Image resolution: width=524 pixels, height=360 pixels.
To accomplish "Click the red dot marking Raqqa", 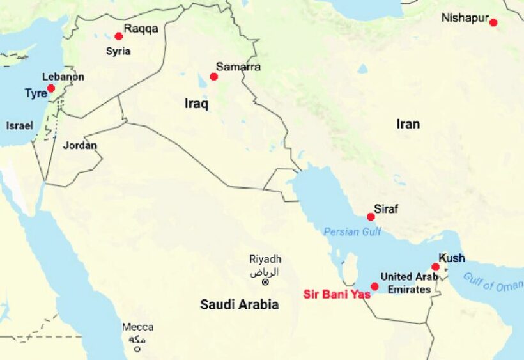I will point(118,36).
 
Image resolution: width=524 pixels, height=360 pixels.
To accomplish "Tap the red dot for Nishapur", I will point(493,22).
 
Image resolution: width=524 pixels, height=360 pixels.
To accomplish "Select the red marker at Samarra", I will point(213,77).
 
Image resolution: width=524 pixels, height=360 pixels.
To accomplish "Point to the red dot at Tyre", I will point(50,88).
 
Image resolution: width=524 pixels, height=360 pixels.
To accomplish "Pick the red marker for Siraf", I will point(371,217).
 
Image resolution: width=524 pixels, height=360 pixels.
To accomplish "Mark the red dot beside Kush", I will point(435,267).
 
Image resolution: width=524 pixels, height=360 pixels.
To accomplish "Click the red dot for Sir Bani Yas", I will point(374,286).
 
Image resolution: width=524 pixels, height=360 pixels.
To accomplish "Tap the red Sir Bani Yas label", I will point(337,295).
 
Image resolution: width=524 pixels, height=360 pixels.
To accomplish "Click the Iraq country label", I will point(196,104).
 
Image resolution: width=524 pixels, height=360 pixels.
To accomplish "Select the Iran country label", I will point(408,124).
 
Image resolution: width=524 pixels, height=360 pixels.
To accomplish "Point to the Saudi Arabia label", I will point(239,305).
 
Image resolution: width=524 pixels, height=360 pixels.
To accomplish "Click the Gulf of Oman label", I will point(492,282).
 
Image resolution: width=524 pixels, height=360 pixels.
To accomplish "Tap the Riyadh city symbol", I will point(266,282).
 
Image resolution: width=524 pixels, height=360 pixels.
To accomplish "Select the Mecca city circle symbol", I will point(137,349).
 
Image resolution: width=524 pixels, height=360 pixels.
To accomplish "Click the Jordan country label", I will point(80,145).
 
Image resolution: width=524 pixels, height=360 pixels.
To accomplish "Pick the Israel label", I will point(20,126).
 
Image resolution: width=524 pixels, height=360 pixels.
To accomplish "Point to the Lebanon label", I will point(63,77).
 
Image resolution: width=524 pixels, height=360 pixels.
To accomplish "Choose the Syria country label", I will point(118,51).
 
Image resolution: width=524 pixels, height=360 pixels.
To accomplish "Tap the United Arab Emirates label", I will point(409,283).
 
